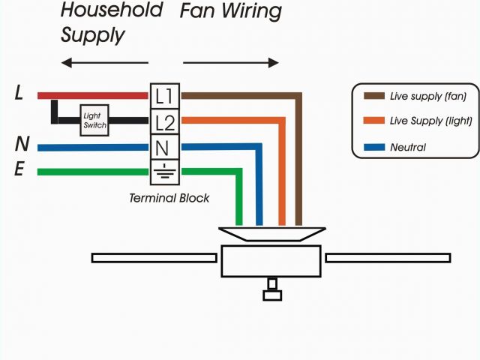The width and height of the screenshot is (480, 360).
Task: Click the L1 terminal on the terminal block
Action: (x=164, y=96)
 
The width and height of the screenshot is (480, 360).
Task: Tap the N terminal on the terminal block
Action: (x=164, y=147)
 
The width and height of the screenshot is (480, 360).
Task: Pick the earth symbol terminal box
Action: (x=164, y=170)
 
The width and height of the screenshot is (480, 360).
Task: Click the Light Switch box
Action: (x=94, y=121)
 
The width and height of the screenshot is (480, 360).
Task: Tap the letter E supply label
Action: (x=20, y=170)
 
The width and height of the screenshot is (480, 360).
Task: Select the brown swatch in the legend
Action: (x=373, y=96)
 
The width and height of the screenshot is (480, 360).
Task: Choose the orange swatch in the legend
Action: (x=373, y=121)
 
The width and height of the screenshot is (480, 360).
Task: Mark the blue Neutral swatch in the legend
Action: (x=373, y=147)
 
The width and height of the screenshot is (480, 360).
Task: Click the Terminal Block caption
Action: (x=169, y=198)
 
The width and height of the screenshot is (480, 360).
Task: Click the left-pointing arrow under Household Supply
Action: (x=104, y=63)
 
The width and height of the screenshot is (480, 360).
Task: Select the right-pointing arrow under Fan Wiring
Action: (x=231, y=63)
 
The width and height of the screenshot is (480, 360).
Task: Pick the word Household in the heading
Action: (x=112, y=11)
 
